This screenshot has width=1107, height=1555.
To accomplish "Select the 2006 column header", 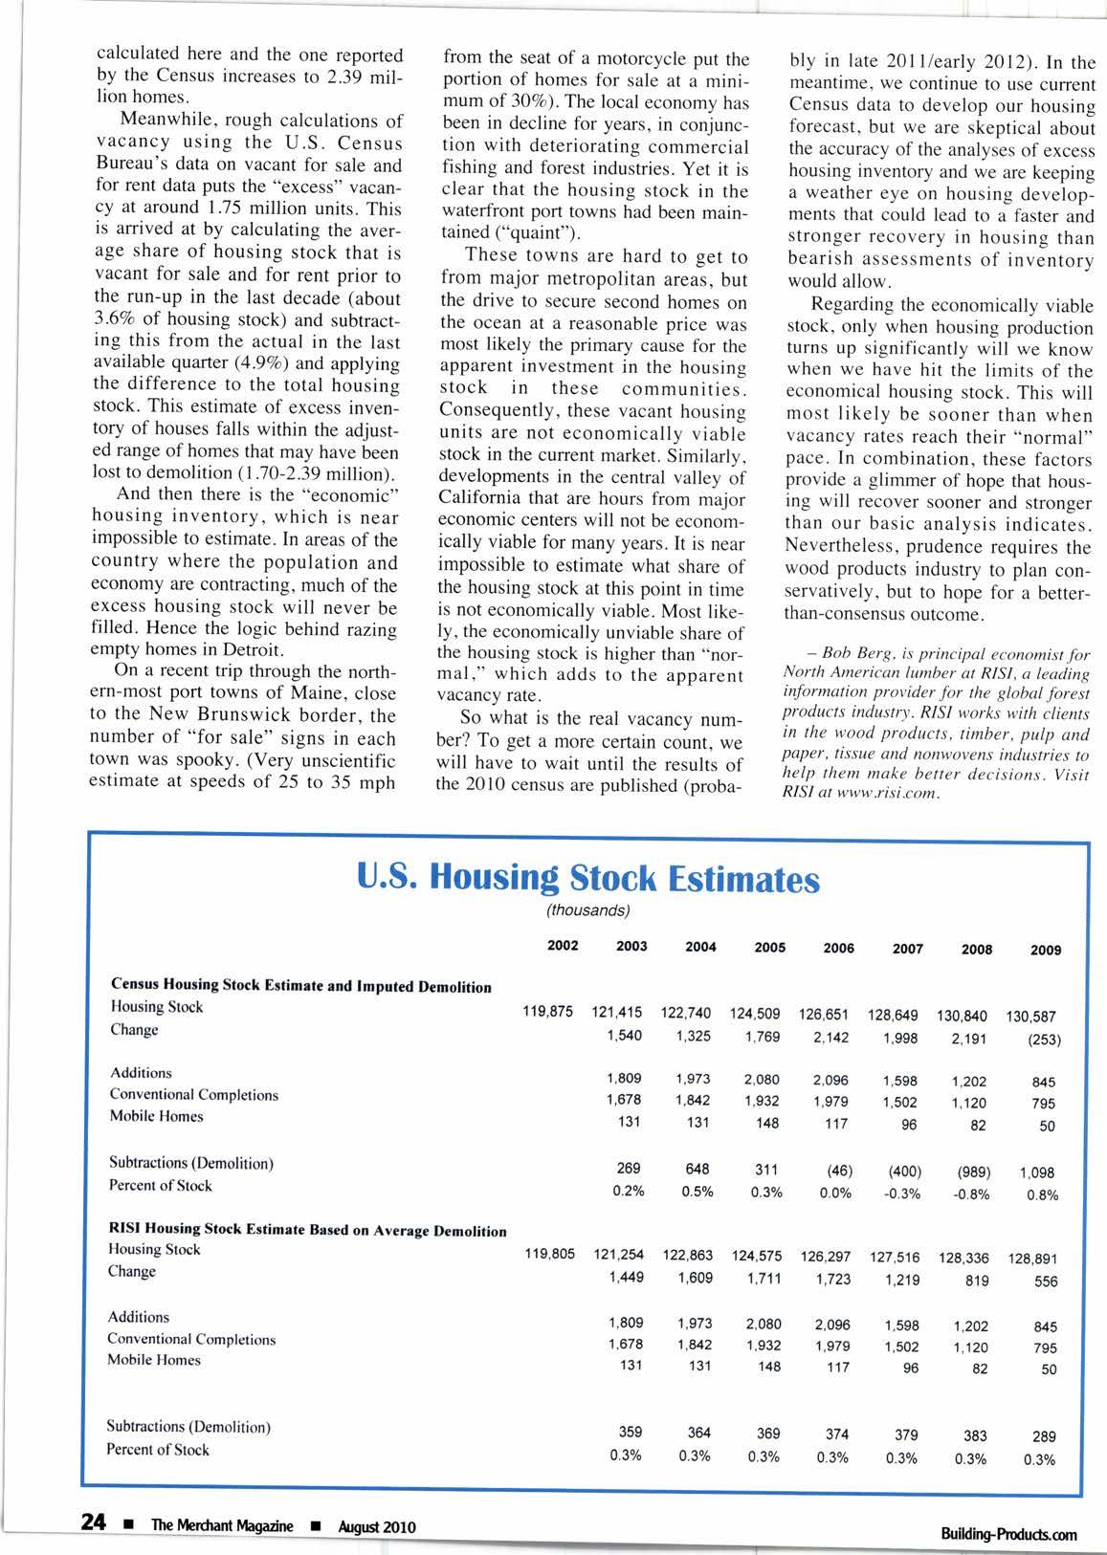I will click(x=838, y=948).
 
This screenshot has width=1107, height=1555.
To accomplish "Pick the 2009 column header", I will click(x=1046, y=950).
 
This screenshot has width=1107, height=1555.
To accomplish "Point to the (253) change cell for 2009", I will click(x=1045, y=1040).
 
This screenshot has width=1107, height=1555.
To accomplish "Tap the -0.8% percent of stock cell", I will click(x=975, y=1194).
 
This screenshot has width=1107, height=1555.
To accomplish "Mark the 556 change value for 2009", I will click(x=1046, y=1282).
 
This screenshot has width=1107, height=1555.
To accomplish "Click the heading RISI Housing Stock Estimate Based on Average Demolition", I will click(x=307, y=1230).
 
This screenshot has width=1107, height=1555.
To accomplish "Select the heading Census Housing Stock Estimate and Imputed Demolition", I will click(x=301, y=986).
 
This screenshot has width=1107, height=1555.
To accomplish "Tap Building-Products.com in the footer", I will click(x=1009, y=1534).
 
